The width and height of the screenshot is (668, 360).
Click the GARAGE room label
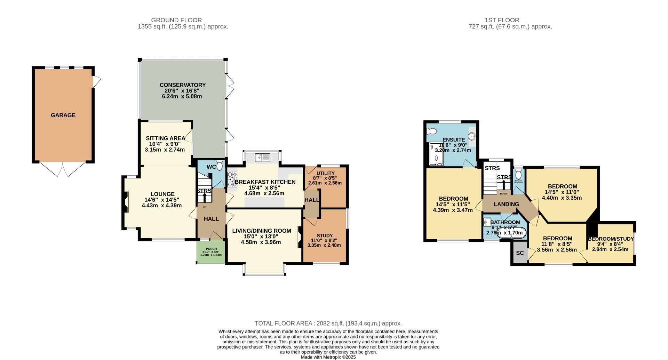click(63, 115)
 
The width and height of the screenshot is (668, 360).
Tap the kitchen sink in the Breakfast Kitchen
click(263, 158)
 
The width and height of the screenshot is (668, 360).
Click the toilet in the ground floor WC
click(220, 166)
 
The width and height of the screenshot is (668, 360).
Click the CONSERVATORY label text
click(183, 85)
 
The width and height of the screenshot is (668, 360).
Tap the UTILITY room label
click(325, 173)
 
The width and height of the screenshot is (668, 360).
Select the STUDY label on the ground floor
click(325, 235)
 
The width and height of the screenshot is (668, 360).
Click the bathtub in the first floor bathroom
click(511, 233)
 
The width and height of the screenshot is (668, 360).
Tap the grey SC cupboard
click(519, 253)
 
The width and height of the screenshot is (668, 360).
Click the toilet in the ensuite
click(432, 131)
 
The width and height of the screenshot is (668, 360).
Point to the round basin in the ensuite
click(472, 136)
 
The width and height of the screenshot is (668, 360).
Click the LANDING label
click(506, 204)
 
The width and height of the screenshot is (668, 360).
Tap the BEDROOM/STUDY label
click(611, 239)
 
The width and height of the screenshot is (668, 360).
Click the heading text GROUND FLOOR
click(176, 20)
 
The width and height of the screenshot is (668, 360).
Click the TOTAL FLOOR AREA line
click(328, 323)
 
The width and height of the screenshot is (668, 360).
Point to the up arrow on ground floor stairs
click(205, 197)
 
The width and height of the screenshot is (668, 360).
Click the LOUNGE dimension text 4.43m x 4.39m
click(162, 206)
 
